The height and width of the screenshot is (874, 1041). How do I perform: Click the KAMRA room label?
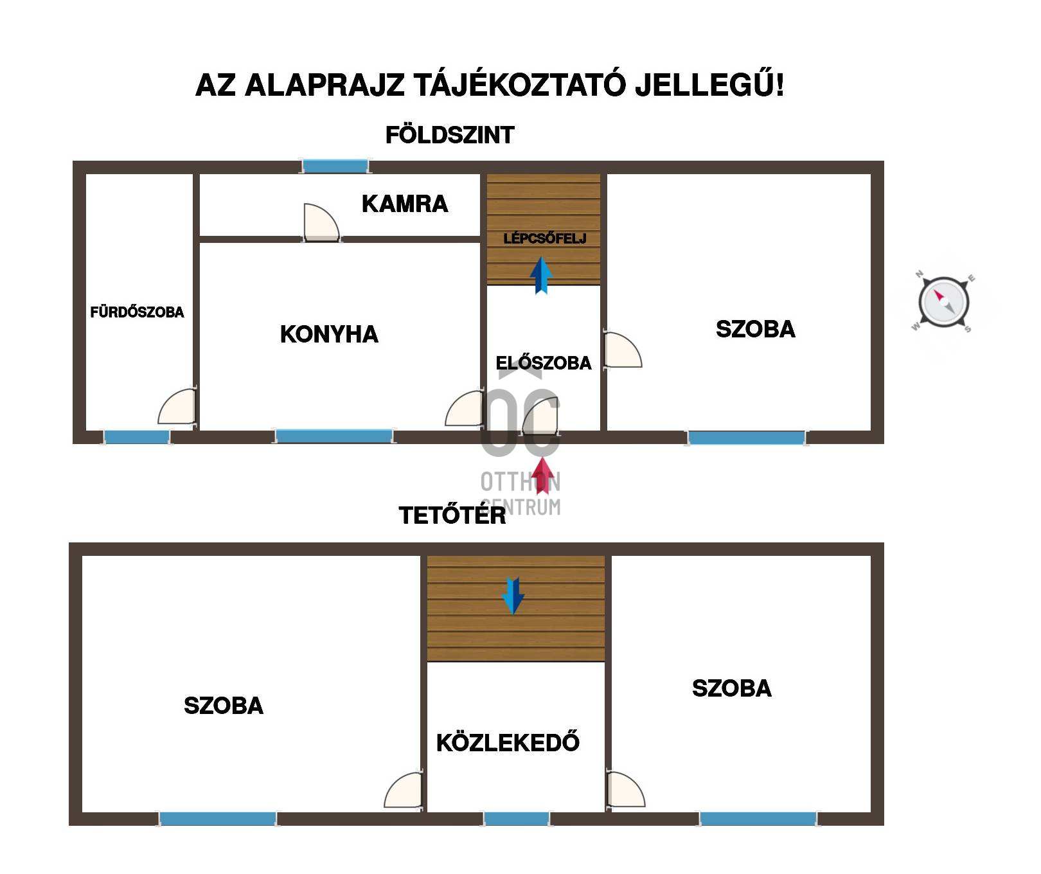(x=405, y=204)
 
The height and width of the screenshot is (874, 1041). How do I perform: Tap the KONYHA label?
(x=329, y=334)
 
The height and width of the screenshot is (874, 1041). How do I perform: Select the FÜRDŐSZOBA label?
(x=137, y=312)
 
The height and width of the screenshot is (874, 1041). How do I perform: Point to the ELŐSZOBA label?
(x=544, y=362)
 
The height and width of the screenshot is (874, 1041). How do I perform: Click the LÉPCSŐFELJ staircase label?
(x=545, y=238)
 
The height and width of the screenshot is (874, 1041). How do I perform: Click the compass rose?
(x=943, y=302)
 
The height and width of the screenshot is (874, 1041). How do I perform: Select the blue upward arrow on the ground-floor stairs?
(x=541, y=276)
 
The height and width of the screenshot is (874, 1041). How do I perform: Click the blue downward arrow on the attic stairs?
(x=513, y=596)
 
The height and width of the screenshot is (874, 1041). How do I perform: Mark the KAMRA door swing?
(x=321, y=222)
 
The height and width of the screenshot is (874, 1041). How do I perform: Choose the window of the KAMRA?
(x=335, y=166)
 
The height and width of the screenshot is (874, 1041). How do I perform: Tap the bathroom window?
(x=137, y=437)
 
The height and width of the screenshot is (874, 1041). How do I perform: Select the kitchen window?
(x=334, y=436)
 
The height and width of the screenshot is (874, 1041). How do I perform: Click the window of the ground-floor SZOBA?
(x=746, y=438)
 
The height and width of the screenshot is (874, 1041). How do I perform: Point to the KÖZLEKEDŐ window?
(x=517, y=819)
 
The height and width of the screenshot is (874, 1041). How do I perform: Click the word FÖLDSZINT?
(x=450, y=135)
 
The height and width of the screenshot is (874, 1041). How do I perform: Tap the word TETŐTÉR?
(x=452, y=515)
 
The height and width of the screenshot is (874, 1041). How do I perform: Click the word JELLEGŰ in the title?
(x=709, y=85)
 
